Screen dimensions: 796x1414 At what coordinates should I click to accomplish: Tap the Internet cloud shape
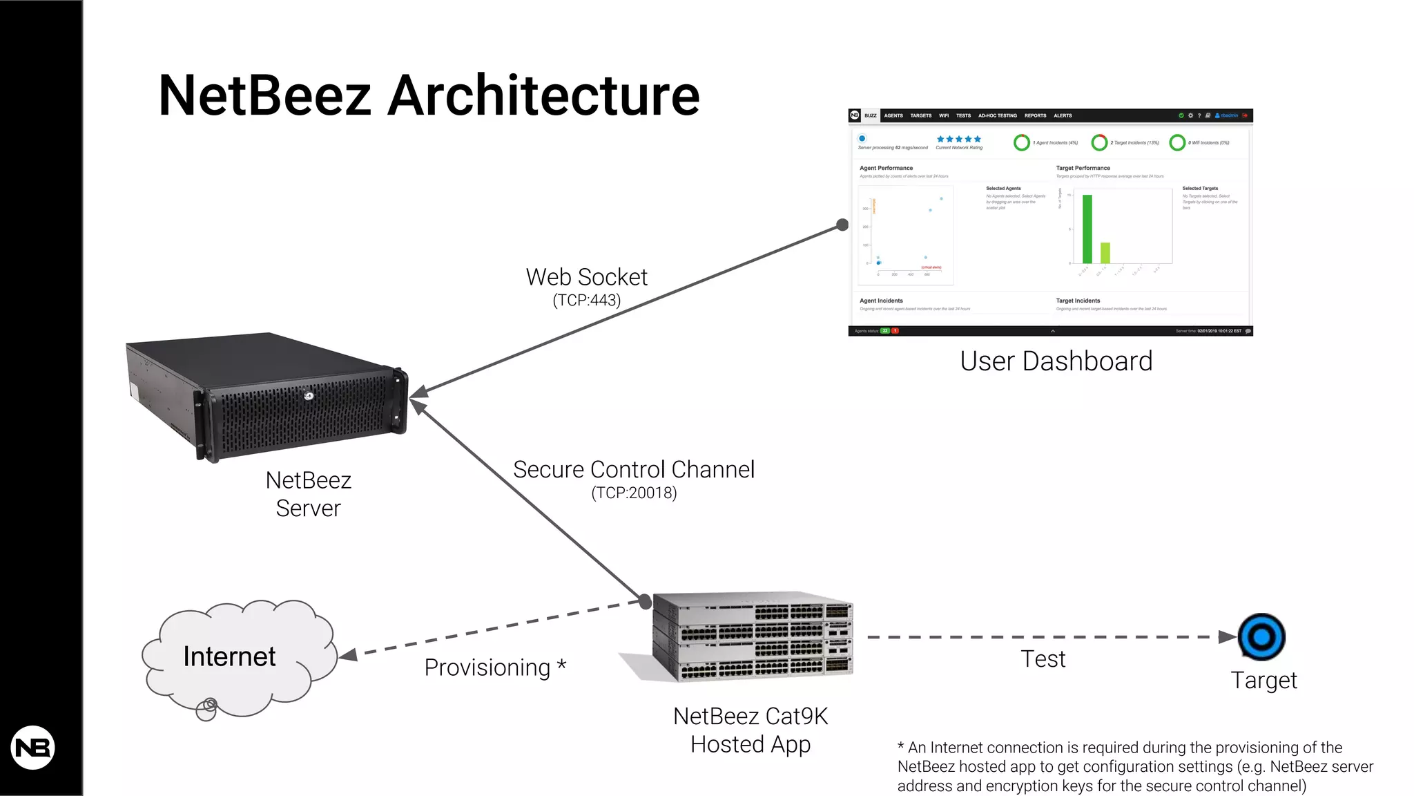pos(238,656)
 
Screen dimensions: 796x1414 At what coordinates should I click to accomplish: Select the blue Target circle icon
pos(1261,636)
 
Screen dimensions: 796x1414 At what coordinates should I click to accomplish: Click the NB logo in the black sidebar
pos(32,748)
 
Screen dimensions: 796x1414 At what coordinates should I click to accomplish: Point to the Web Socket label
pos(586,277)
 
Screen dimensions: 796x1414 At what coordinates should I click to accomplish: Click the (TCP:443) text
pos(586,301)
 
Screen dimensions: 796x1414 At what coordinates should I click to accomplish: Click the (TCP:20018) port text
pos(634,493)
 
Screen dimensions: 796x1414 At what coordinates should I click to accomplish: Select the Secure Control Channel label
pos(634,470)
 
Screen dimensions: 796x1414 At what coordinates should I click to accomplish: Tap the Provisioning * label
pos(494,667)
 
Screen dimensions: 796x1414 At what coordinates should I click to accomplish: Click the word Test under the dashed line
pos(1043,659)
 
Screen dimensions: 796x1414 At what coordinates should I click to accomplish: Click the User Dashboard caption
pos(1056,361)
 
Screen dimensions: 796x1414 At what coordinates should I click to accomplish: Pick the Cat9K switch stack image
pos(753,636)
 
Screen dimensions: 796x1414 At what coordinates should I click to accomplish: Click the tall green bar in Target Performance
pos(1087,229)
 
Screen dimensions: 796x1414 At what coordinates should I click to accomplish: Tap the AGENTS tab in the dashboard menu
pos(893,115)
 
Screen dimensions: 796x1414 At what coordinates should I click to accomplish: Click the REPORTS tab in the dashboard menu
pos(1035,115)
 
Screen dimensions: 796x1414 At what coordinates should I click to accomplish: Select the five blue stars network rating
pos(958,140)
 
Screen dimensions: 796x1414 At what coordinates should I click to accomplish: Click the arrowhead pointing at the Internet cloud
pos(348,655)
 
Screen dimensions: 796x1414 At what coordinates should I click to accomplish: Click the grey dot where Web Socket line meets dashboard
pos(842,225)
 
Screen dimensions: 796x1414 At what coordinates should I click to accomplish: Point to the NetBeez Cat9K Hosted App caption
pos(750,730)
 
